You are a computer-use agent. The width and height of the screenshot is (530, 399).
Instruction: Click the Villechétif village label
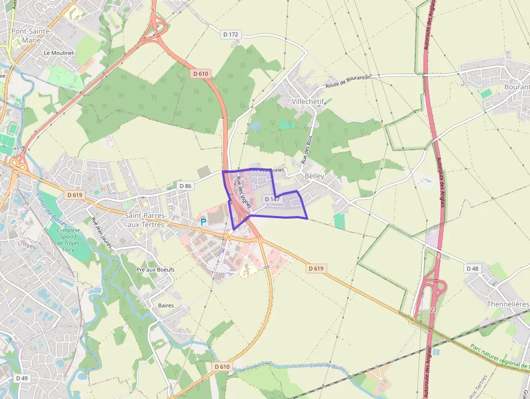tap(307, 101)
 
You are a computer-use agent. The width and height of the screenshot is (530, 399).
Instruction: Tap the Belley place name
tap(314, 176)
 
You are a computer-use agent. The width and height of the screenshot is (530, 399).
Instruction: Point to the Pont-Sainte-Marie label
tap(31, 35)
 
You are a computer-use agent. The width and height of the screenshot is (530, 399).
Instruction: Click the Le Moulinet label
tap(54, 53)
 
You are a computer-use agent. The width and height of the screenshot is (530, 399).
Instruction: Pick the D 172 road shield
tap(230, 34)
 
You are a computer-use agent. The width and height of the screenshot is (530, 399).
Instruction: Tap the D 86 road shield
tap(185, 186)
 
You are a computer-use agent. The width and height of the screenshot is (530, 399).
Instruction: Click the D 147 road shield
tap(272, 200)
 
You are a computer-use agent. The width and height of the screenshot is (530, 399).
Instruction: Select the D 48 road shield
tap(472, 269)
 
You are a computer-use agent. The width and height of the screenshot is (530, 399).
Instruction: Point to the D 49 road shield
tap(22, 378)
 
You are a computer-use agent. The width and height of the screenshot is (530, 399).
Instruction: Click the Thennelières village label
tap(507, 304)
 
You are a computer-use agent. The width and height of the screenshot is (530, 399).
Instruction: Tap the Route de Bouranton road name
tap(348, 82)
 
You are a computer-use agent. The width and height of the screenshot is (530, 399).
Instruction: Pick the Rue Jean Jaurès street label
tap(102, 232)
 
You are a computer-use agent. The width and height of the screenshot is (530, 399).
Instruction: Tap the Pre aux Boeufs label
tap(155, 270)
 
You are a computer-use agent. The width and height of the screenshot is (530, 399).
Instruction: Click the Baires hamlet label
tap(165, 305)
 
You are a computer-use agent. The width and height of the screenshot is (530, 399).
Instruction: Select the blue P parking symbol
tap(203, 222)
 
